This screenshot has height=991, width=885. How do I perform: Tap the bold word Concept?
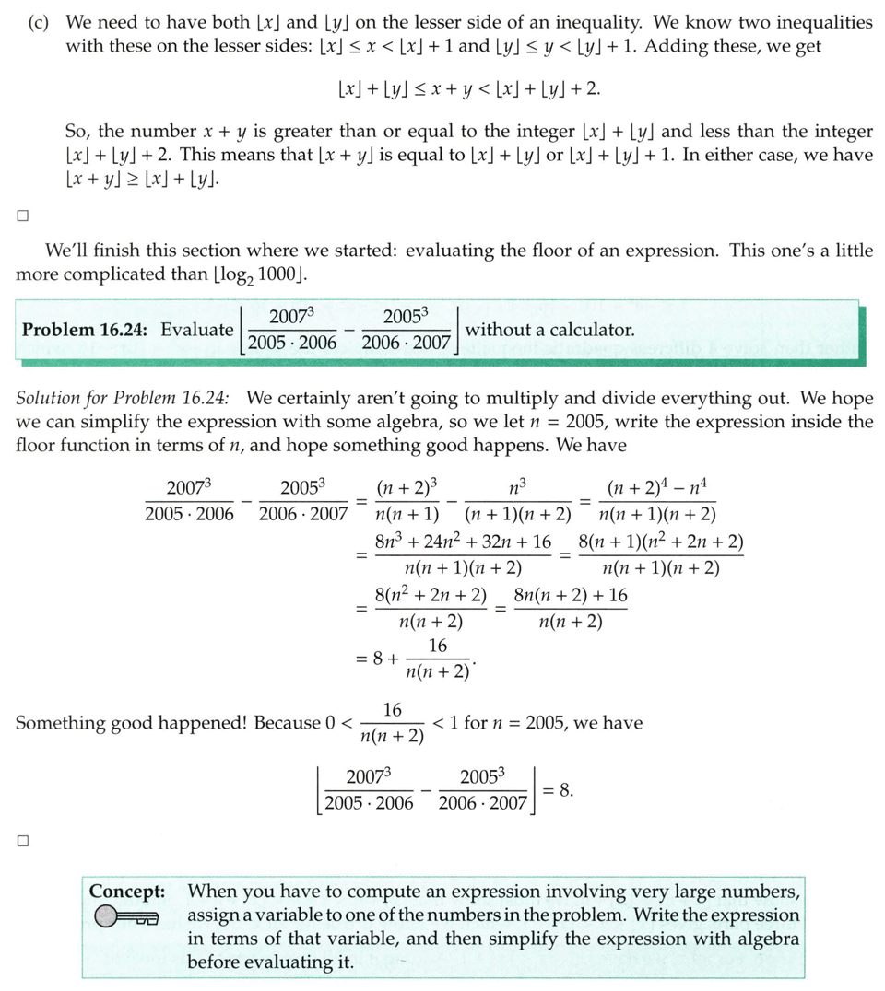tap(127, 892)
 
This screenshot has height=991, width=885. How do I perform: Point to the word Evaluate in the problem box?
tap(196, 329)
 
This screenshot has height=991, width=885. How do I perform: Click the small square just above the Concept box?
tap(22, 841)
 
